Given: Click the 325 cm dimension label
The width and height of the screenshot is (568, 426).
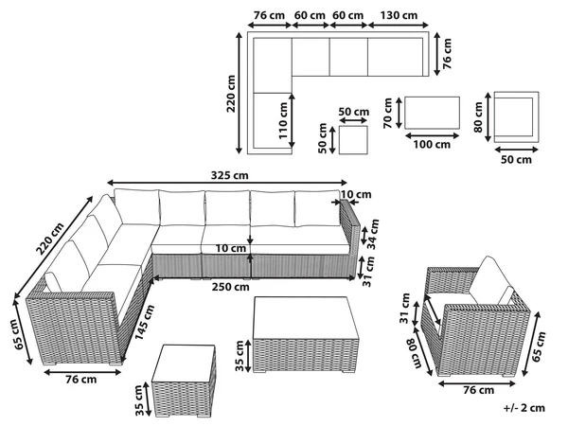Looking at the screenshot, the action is [230, 175].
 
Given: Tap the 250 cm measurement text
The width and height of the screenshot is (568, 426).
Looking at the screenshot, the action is [231, 287].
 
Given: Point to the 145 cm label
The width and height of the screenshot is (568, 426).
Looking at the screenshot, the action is [145, 323].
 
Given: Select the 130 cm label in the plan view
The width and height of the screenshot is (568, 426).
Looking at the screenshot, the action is [399, 15].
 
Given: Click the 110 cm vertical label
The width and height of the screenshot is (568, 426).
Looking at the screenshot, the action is [283, 120].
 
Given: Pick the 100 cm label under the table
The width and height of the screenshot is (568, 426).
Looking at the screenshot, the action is [432, 144].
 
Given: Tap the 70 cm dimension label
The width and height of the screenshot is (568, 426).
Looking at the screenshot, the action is [388, 113].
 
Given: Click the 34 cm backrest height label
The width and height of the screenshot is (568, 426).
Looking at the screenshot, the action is [373, 234].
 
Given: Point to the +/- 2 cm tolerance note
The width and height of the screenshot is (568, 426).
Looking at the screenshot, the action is [524, 408].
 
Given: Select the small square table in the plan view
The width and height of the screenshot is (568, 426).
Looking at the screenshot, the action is [353, 140].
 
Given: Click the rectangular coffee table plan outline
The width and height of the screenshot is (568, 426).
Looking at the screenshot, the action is [433, 113].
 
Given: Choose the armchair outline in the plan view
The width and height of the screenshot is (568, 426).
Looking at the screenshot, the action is [516, 116].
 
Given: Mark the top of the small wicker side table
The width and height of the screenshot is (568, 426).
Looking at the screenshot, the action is [184, 363].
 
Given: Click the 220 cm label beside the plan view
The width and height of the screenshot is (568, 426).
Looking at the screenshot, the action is [231, 94].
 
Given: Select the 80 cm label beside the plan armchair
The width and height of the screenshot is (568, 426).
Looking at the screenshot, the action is [478, 117].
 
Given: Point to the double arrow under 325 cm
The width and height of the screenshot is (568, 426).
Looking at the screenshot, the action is [227, 183].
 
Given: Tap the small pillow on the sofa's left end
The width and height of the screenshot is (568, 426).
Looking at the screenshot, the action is [53, 282].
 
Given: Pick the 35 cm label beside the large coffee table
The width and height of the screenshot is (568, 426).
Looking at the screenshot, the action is [240, 356].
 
